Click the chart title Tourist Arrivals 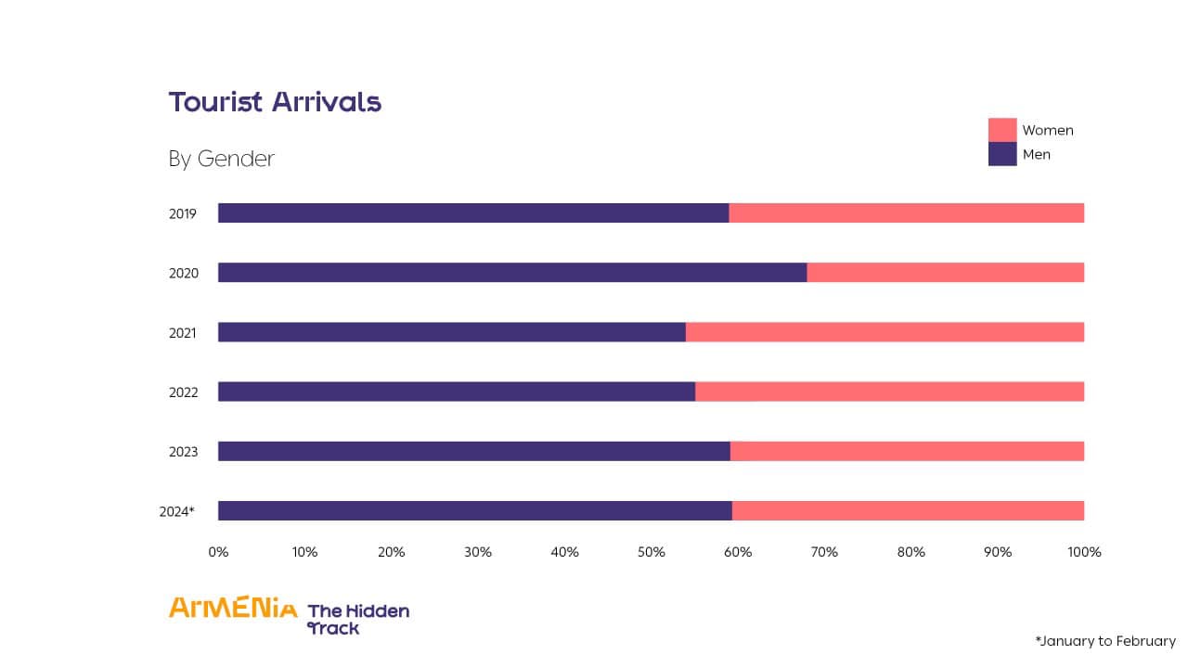275,102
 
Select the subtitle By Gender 222,159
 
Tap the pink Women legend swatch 1002,130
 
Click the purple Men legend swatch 1002,154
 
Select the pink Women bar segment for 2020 945,273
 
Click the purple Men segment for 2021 452,332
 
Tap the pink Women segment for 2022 889,392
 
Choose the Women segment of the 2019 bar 906,213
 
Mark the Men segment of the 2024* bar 475,510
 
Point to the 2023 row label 183,452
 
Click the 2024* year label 177,511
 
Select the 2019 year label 183,214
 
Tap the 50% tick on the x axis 652,552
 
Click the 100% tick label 1084,552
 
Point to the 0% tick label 218,552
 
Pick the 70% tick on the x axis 824,552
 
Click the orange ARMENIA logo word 233,608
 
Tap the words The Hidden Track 357,619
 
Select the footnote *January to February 1105,641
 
